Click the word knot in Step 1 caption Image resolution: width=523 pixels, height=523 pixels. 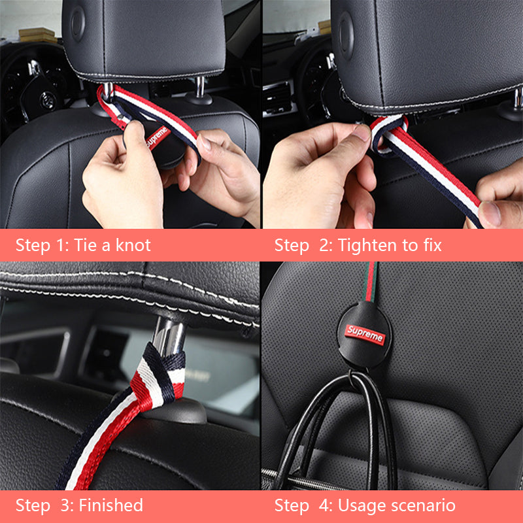pos(133,245)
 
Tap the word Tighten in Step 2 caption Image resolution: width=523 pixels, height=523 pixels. pos(368,246)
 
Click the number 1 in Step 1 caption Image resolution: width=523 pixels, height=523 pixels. pos(61,245)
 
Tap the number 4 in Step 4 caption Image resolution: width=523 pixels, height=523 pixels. pos(324,505)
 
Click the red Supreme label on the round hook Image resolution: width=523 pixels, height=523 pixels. pos(365,335)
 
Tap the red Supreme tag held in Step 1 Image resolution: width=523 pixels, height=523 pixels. pos(158,137)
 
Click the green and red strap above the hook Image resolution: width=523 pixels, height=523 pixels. pos(370,282)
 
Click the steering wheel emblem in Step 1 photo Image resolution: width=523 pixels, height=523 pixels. pos(47,100)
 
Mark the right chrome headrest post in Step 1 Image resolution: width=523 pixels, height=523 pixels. pos(200,87)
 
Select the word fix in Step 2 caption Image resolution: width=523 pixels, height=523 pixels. pos(432,245)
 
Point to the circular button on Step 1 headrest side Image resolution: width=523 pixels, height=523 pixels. pos(77,24)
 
